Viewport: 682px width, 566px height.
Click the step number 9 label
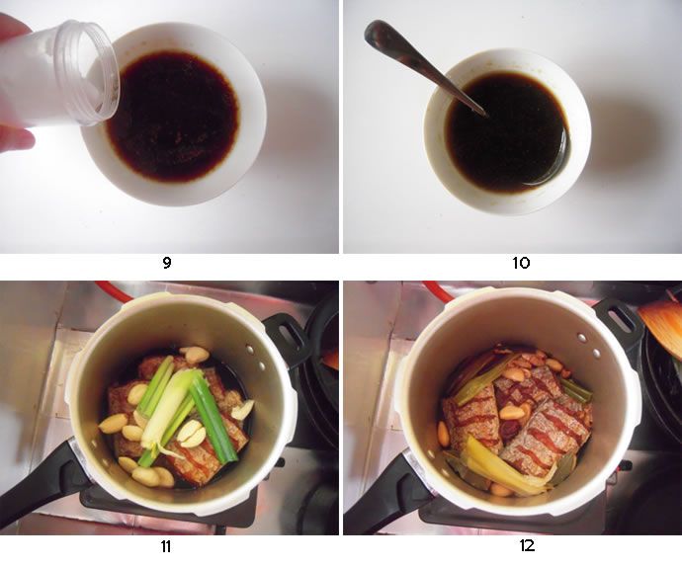[x=167, y=263]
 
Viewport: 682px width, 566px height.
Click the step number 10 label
[x=521, y=263]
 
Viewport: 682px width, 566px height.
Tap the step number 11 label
[x=166, y=546]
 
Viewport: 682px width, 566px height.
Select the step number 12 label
[x=527, y=545]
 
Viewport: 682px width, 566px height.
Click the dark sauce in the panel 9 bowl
[x=173, y=117]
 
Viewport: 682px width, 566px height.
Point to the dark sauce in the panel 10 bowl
[x=508, y=131]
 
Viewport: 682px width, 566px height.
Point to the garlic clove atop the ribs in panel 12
[x=508, y=411]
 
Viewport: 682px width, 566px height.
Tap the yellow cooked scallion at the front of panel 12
[x=500, y=470]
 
